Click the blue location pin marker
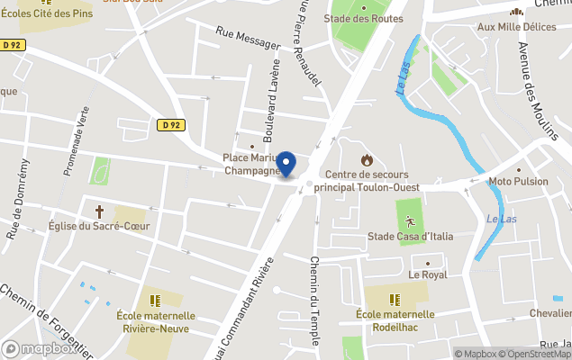coord(286,164)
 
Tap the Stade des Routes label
coord(363,18)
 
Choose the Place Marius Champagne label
coord(251,164)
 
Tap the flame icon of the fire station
coord(367,159)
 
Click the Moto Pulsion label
coord(518,181)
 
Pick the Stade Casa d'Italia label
coord(410,237)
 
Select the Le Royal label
coord(427,274)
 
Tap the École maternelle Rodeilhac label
coord(395,319)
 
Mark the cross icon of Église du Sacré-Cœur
coord(99,211)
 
